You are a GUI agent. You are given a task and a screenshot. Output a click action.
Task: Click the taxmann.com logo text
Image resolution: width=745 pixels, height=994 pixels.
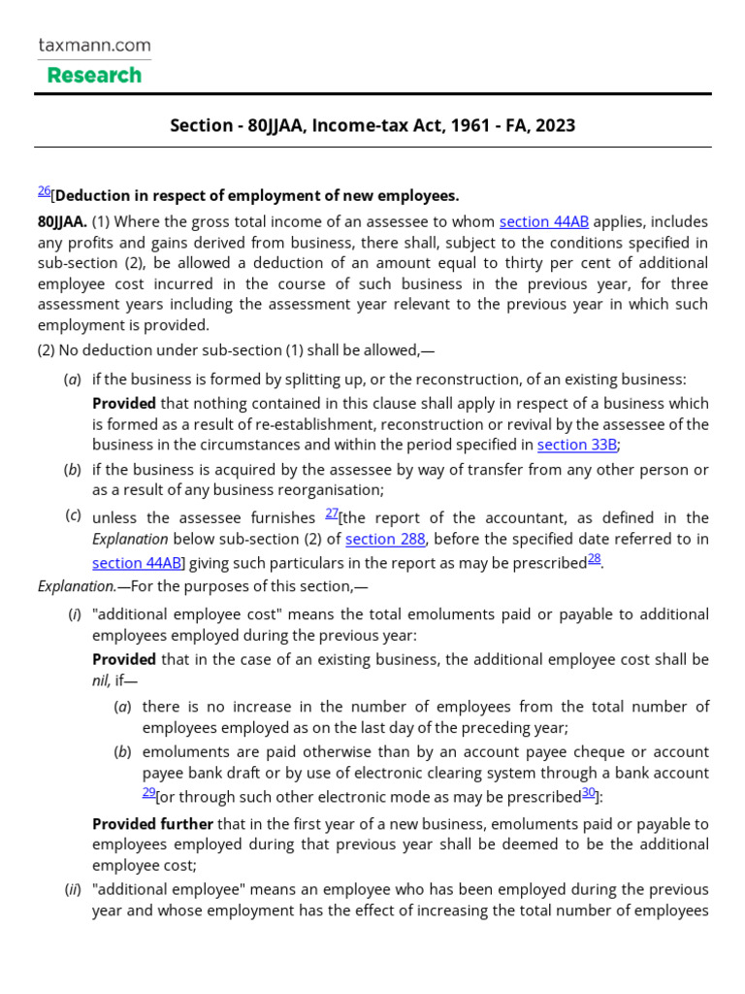94,45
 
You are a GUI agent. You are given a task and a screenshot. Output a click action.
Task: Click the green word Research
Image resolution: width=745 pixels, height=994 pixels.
94,75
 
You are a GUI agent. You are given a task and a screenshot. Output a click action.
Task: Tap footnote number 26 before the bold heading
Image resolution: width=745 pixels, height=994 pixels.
44,191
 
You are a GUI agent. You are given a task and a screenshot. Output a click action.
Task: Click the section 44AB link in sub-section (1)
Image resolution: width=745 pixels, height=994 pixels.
543,221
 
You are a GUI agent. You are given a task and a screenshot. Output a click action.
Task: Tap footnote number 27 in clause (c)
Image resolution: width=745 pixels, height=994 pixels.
331,514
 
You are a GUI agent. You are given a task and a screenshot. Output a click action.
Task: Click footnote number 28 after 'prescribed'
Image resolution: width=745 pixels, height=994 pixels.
594,558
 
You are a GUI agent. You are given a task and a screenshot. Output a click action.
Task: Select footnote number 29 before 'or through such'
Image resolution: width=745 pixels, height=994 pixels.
148,792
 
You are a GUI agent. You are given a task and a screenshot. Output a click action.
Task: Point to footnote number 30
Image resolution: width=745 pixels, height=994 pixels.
588,792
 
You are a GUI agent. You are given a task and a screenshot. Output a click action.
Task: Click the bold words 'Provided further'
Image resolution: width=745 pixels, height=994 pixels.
152,823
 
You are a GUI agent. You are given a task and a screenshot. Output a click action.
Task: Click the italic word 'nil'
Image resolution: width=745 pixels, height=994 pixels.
101,679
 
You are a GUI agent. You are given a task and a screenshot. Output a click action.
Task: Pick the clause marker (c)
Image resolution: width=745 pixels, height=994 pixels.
73,515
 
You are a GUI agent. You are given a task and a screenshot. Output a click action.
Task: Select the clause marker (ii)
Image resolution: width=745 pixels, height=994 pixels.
74,889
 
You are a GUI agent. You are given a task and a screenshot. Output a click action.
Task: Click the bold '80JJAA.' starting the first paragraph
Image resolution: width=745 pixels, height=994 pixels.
62,221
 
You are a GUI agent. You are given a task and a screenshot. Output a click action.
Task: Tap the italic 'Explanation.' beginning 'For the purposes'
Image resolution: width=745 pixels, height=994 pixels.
77,586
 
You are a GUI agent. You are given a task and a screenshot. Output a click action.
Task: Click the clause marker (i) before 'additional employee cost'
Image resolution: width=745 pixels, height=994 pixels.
74,614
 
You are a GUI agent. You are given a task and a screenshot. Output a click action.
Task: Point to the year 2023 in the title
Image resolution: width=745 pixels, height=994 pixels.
555,125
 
